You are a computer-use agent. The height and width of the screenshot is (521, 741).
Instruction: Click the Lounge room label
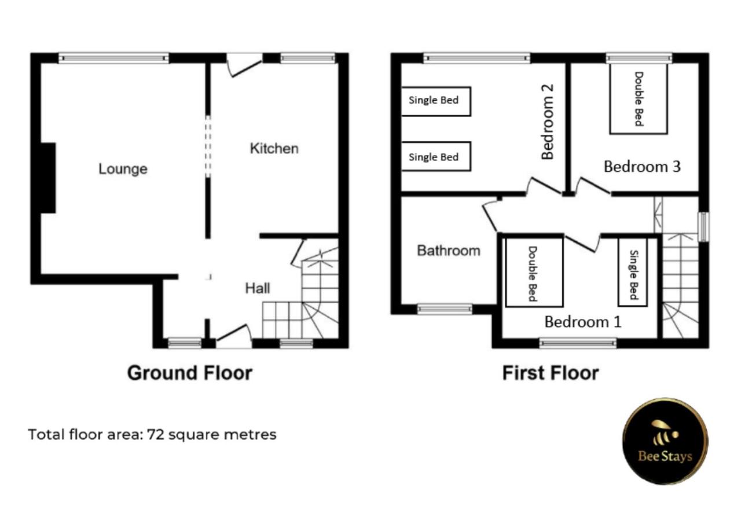pyautogui.click(x=123, y=169)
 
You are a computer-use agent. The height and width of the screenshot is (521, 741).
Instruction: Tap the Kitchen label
pyautogui.click(x=274, y=149)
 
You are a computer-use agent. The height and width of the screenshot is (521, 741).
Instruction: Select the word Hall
pyautogui.click(x=258, y=288)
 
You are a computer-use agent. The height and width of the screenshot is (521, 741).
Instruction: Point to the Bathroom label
pyautogui.click(x=449, y=251)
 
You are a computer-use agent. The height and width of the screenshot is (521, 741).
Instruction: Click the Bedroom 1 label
pyautogui.click(x=583, y=322)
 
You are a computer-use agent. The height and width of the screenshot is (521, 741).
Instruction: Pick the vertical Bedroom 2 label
pyautogui.click(x=548, y=122)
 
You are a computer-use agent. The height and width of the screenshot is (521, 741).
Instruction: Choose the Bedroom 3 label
pyautogui.click(x=643, y=167)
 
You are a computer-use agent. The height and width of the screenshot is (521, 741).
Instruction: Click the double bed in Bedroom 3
pyautogui.click(x=639, y=99)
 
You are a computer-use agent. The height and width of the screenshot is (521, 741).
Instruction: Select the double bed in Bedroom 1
pyautogui.click(x=534, y=273)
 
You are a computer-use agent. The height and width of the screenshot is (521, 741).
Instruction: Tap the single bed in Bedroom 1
pyautogui.click(x=633, y=272)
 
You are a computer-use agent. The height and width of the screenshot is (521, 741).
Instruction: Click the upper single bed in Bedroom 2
pyautogui.click(x=436, y=101)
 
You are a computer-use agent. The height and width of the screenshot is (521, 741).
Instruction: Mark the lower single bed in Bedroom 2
pyautogui.click(x=436, y=156)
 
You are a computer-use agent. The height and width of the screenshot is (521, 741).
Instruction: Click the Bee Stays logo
pyautogui.click(x=665, y=442)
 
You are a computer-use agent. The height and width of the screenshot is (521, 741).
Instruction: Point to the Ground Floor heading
pyautogui.click(x=190, y=373)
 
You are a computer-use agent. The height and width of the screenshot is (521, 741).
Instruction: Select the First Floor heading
pyautogui.click(x=551, y=373)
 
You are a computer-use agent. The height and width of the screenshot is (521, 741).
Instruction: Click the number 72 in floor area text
pyautogui.click(x=156, y=435)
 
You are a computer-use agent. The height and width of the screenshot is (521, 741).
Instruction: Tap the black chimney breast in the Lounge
pyautogui.click(x=48, y=178)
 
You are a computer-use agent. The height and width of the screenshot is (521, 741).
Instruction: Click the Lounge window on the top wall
pyautogui.click(x=114, y=58)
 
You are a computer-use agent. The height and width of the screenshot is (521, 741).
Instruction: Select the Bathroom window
pyautogui.click(x=445, y=309)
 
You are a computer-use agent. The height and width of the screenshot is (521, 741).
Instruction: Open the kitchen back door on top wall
pyautogui.click(x=245, y=65)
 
